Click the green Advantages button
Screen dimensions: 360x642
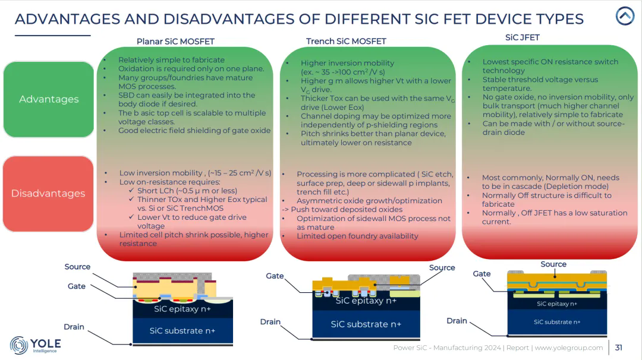click(x=49, y=99)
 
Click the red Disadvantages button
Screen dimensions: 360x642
click(x=48, y=193)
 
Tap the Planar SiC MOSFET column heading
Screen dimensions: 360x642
click(x=175, y=42)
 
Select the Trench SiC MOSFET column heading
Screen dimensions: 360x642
click(x=346, y=41)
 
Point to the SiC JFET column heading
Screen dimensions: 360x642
click(x=522, y=37)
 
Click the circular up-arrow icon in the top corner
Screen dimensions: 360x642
click(x=625, y=16)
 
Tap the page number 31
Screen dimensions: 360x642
click(x=619, y=348)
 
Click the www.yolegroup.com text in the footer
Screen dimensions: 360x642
click(x=569, y=348)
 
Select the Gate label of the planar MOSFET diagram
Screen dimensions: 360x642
click(x=77, y=286)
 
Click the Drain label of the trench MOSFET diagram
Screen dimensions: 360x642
click(x=270, y=321)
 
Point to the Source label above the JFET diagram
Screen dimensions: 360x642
click(x=553, y=264)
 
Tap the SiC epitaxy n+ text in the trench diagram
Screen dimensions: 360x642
click(x=366, y=301)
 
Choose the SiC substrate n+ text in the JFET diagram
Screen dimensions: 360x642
click(x=557, y=322)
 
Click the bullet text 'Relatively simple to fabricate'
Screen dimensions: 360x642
click(x=171, y=60)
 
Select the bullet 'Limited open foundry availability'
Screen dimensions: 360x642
click(x=357, y=236)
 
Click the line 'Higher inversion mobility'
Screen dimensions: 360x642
click(x=347, y=63)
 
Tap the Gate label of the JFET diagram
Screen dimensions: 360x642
click(x=481, y=274)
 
